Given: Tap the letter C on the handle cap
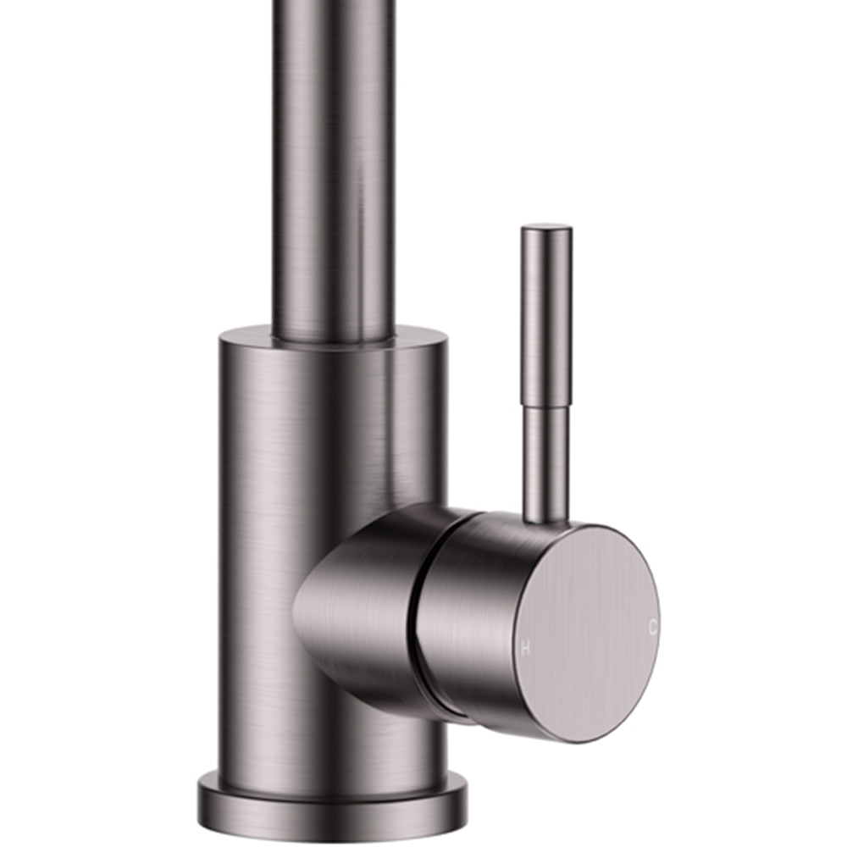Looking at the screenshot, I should (652, 628).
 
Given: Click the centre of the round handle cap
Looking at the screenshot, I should (588, 634).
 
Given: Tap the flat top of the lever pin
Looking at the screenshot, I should (546, 227).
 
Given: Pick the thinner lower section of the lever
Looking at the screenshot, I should (545, 462).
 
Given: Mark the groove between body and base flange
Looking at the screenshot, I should (332, 777).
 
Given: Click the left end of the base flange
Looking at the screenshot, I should (203, 800).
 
